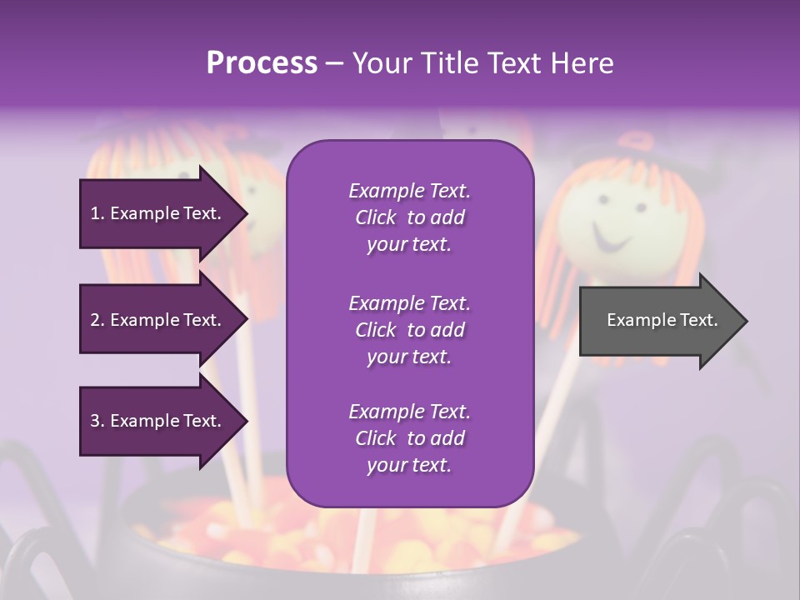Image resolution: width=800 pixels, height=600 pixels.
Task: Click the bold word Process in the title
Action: point(262,63)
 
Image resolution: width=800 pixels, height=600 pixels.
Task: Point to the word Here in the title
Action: point(581,63)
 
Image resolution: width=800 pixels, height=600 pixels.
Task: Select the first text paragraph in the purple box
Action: point(409,217)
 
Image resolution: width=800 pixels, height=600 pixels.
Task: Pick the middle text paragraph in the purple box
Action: point(409,330)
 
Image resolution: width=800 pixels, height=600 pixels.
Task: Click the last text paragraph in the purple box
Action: point(409,438)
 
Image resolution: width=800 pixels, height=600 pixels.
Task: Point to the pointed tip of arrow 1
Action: point(246,213)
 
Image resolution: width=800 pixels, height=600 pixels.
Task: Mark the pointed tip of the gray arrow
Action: point(746,321)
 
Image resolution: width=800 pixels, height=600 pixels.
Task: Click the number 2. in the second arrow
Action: point(97,320)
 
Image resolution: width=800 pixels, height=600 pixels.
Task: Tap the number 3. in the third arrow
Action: point(97,421)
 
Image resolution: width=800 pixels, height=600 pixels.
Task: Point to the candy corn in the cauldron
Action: point(250,533)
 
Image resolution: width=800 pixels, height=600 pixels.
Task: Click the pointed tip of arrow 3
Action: point(246,421)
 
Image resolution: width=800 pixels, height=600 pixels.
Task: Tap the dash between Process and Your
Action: point(334,63)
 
